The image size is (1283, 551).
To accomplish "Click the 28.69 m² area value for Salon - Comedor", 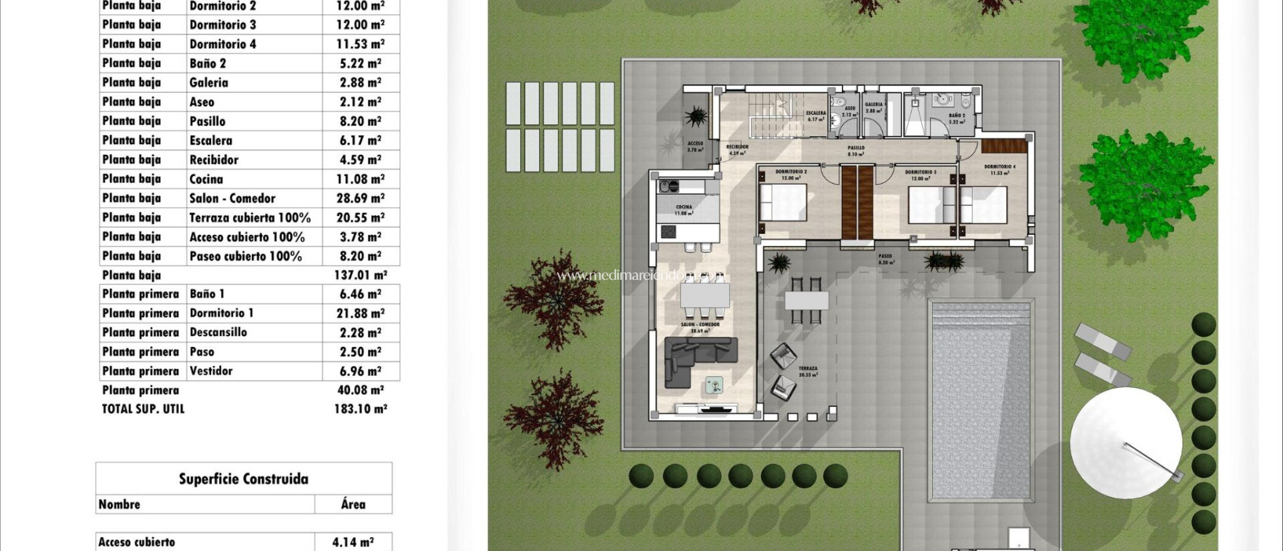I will pyautogui.click(x=360, y=198).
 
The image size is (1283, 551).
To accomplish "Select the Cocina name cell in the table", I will pyautogui.click(x=206, y=179).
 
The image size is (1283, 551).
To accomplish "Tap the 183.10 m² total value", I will pyautogui.click(x=360, y=409).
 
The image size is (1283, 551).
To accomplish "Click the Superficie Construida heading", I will pyautogui.click(x=244, y=479).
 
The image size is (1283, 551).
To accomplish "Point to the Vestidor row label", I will pyautogui.click(x=211, y=371).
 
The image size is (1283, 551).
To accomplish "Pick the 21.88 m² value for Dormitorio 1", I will pyautogui.click(x=360, y=313).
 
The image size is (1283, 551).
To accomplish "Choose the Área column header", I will pyautogui.click(x=353, y=505).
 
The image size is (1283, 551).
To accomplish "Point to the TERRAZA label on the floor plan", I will pyautogui.click(x=808, y=369).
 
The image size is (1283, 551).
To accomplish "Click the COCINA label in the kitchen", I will pyautogui.click(x=683, y=207).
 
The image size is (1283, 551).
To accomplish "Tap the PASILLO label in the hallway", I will pyautogui.click(x=856, y=148).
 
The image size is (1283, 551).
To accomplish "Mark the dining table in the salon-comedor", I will pyautogui.click(x=705, y=294).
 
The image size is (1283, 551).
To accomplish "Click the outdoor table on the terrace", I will pyautogui.click(x=806, y=301).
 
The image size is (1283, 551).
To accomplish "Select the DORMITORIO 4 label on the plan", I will pyautogui.click(x=999, y=167).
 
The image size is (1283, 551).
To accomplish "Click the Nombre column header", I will pyautogui.click(x=120, y=505).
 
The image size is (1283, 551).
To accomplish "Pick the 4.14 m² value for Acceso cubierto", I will pyautogui.click(x=353, y=542).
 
